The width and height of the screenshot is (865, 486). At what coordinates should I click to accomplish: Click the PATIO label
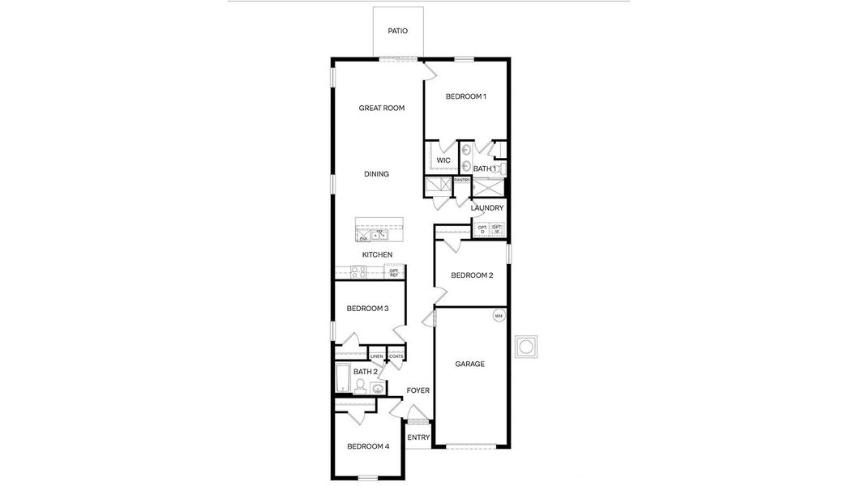click(397, 32)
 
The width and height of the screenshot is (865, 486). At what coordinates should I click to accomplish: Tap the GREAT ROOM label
click(382, 108)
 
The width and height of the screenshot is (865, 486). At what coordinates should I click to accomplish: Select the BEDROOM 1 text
click(466, 96)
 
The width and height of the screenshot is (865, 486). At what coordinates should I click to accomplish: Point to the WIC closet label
click(443, 160)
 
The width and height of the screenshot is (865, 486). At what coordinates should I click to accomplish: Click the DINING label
click(376, 174)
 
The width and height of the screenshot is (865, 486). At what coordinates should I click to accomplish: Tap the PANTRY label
click(462, 180)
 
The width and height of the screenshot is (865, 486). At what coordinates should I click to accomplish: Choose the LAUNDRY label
click(487, 208)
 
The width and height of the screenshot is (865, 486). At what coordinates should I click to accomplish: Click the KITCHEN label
click(377, 255)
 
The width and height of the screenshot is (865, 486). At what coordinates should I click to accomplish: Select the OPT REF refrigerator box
click(394, 273)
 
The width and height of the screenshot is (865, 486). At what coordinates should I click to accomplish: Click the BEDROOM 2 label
click(473, 275)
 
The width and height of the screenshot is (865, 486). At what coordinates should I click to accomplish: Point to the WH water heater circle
click(499, 315)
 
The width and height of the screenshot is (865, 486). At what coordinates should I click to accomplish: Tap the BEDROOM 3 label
click(367, 309)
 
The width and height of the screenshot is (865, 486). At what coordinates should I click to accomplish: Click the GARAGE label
click(469, 364)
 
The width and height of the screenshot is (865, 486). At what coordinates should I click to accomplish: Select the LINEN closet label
click(377, 356)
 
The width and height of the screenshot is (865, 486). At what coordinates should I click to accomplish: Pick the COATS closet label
click(396, 356)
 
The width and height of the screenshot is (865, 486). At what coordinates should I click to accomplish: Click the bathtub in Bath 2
click(342, 378)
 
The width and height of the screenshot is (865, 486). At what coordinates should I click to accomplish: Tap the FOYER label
click(418, 390)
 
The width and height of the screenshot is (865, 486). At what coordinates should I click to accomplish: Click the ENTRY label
click(418, 438)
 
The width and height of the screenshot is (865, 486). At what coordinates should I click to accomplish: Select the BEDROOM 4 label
click(368, 446)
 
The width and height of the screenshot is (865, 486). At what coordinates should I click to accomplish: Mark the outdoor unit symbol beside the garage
click(526, 347)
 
